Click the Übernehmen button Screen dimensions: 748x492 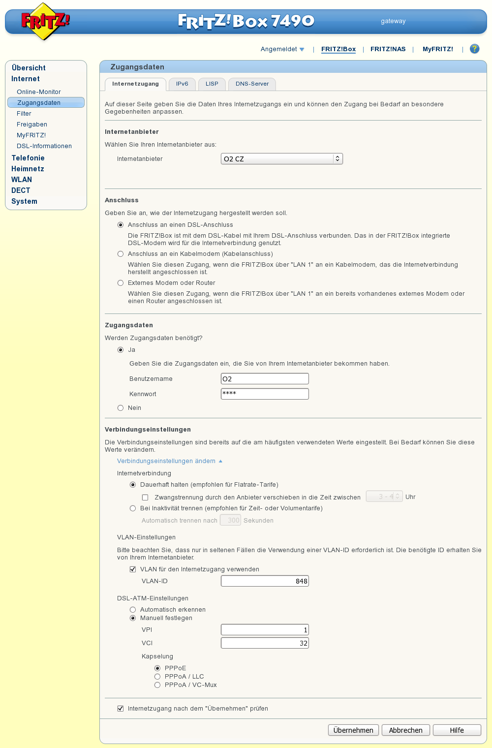pos(353,730)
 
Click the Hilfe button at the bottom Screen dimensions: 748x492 pos(457,730)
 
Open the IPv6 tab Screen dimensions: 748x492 pos(182,84)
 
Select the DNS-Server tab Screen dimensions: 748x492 pos(252,84)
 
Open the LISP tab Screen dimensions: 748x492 pos(212,84)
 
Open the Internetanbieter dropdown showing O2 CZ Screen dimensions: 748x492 pos(281,159)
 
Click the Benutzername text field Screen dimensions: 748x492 pos(265,379)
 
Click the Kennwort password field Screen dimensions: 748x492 pos(265,394)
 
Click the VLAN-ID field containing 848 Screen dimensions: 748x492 pos(265,581)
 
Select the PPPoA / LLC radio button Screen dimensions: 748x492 pos(157,677)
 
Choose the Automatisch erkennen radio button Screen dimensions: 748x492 pos(133,610)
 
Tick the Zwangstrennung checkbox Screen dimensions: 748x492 pos(145,498)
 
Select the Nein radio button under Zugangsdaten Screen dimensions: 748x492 pos(121,408)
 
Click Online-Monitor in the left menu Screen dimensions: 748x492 pos(39,92)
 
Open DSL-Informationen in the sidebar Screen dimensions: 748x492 pos(44,146)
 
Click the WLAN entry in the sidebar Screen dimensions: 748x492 pos(22,180)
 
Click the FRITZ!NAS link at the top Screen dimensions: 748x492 pos(388,49)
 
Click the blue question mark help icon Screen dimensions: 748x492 pos(474,49)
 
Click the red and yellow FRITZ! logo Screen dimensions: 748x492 pos(45,21)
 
